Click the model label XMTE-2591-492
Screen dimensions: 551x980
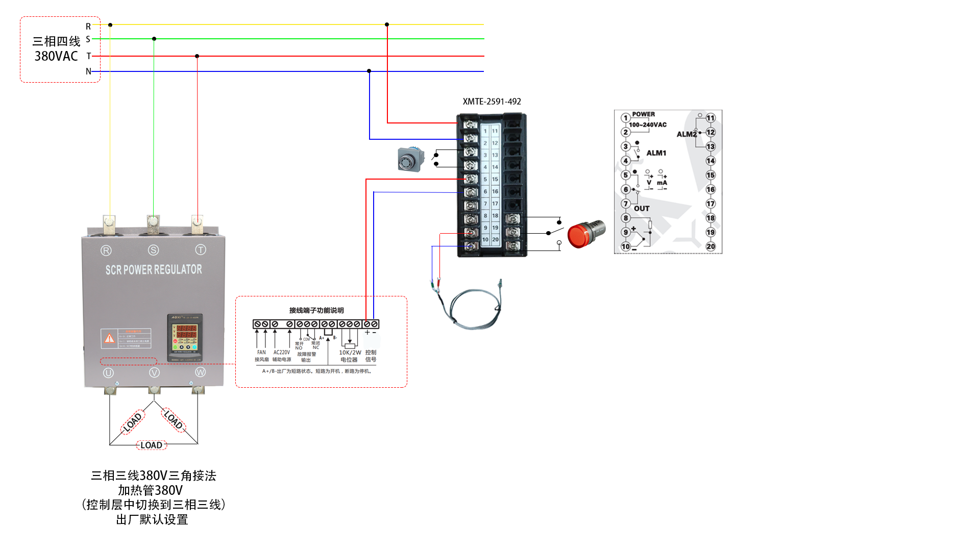(492, 102)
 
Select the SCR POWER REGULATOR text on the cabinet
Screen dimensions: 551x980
(154, 269)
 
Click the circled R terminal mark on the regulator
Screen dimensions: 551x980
(106, 251)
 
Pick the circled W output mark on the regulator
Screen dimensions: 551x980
(200, 372)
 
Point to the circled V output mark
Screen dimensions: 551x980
(154, 373)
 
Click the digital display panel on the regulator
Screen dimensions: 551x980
(185, 337)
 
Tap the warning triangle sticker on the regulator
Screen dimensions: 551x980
(109, 338)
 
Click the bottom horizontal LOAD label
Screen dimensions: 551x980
(152, 445)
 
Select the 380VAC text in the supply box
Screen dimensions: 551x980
(56, 56)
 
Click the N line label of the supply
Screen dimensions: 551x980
(88, 71)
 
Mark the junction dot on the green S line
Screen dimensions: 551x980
(154, 39)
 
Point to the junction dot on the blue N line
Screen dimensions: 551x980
(369, 71)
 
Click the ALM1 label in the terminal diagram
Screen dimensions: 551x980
(656, 153)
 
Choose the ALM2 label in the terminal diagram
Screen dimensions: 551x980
(687, 134)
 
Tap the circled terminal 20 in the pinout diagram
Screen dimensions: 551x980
(710, 246)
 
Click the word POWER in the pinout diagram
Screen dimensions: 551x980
(643, 114)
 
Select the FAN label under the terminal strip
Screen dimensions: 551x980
(261, 353)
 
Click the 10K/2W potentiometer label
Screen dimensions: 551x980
(350, 353)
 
